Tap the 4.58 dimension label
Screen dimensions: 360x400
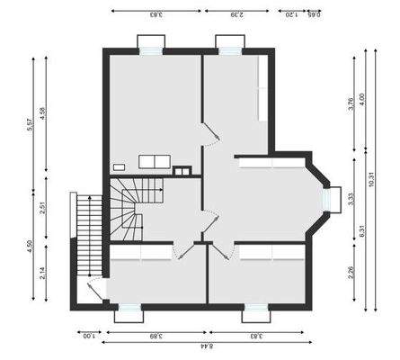pyautogui.click(x=45, y=116)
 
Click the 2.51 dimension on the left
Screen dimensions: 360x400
pyautogui.click(x=45, y=208)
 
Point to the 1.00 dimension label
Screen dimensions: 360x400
pyautogui.click(x=87, y=336)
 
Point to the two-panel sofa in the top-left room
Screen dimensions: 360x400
pyautogui.click(x=154, y=161)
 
